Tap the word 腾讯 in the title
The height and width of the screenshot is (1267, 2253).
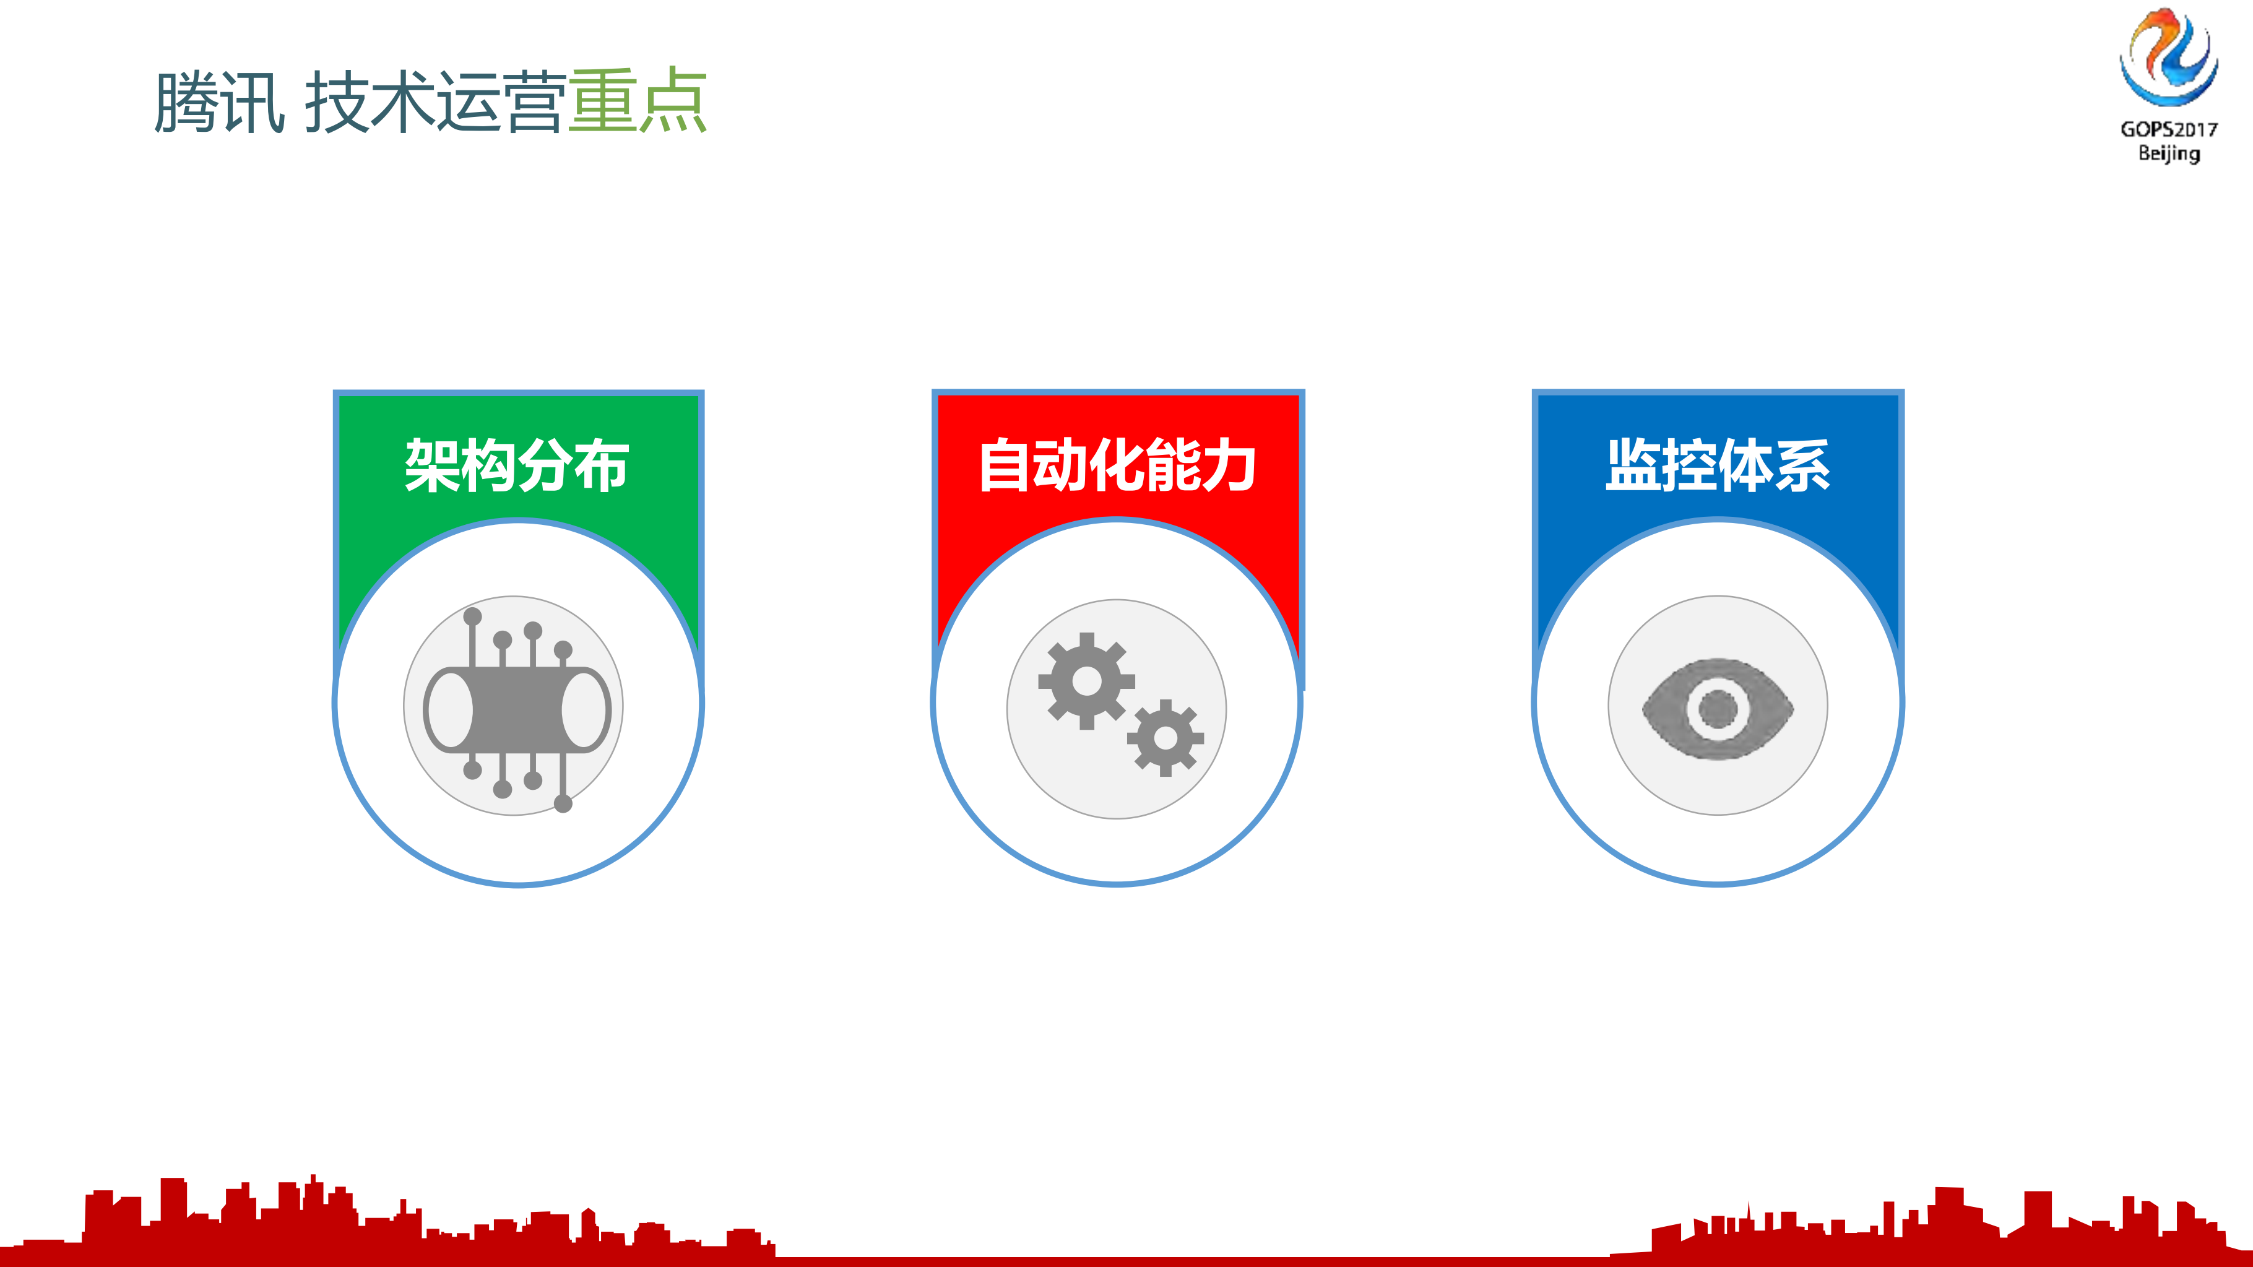(x=218, y=102)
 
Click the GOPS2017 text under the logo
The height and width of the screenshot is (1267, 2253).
(x=2168, y=129)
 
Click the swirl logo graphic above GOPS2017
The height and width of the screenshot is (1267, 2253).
(x=2168, y=58)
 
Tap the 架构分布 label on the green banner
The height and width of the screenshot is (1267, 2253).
(x=517, y=465)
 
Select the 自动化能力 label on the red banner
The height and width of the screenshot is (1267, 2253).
(x=1117, y=465)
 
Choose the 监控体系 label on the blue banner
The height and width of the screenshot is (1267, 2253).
(x=1718, y=465)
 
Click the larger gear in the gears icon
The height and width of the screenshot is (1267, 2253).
(x=1086, y=681)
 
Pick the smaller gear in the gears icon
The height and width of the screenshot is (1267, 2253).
(x=1165, y=738)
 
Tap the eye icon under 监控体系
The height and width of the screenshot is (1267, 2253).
(x=1718, y=708)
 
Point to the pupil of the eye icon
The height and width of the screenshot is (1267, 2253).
(x=1717, y=708)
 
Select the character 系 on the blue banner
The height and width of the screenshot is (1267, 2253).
(x=1802, y=465)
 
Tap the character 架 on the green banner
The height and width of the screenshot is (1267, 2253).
(x=432, y=465)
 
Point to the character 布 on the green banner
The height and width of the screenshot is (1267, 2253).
(x=602, y=465)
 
